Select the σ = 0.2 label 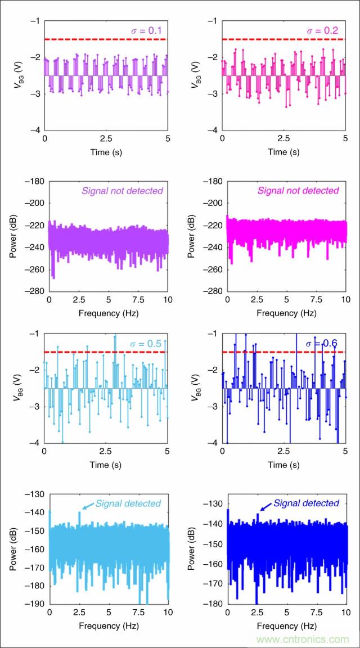[323, 30]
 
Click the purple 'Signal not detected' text [122, 191]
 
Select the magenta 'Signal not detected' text [299, 191]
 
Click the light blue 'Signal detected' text [128, 503]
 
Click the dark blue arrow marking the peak [266, 509]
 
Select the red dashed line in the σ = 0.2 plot [283, 39]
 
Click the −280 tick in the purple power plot [33, 291]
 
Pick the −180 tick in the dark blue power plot [211, 604]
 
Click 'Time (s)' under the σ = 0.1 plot [106, 152]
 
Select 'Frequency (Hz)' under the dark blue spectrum [283, 625]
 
